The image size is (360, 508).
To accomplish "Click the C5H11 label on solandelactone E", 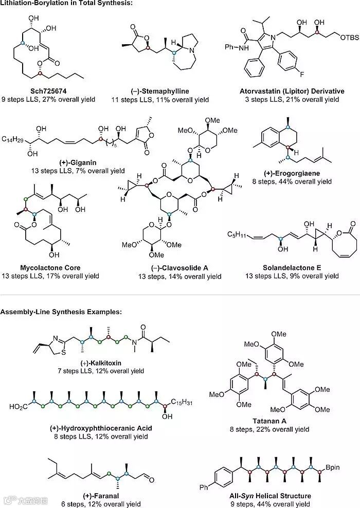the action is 237,234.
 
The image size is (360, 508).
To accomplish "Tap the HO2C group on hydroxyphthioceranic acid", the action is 19,407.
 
